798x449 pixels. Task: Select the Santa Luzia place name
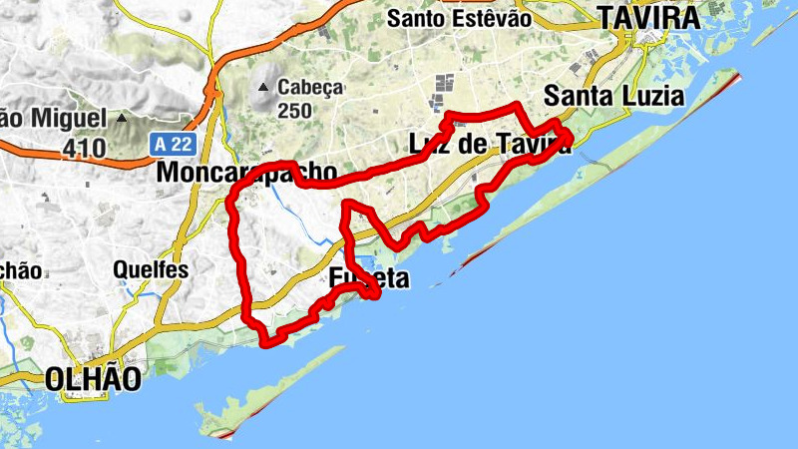(614, 97)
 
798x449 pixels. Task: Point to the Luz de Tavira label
(490, 145)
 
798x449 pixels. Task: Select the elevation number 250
(295, 111)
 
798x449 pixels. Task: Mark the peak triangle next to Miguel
(121, 118)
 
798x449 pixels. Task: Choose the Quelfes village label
(151, 268)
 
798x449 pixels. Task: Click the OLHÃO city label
(93, 378)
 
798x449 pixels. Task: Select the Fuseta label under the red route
(369, 279)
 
